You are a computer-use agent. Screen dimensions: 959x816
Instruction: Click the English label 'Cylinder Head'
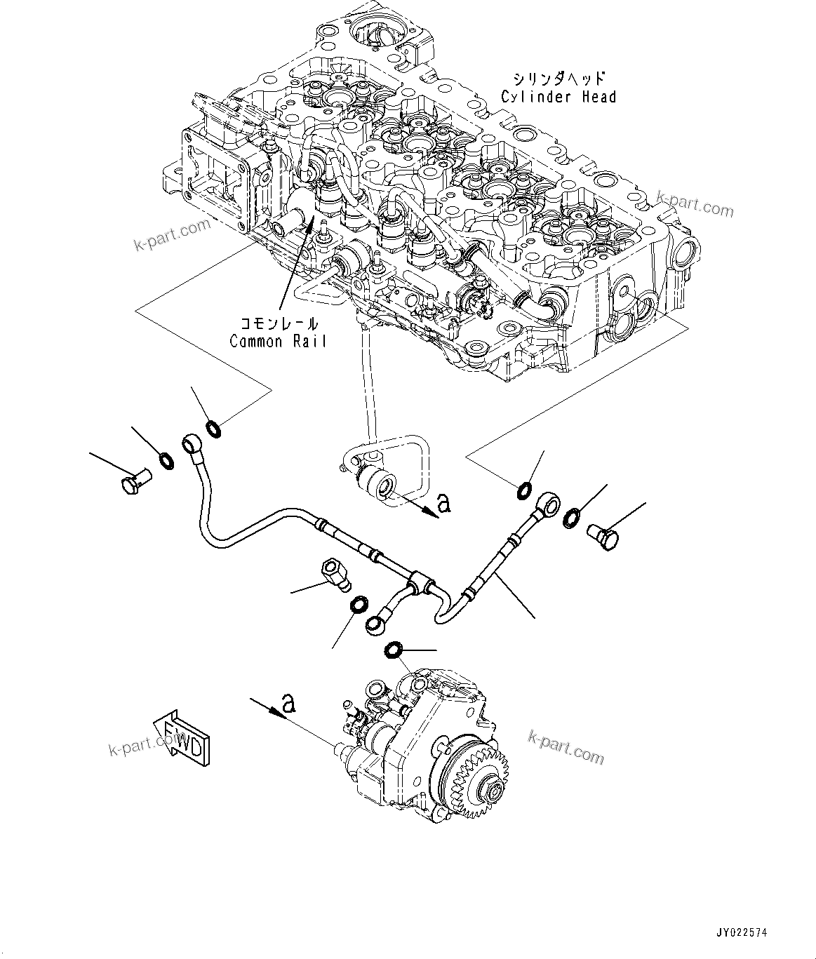click(559, 97)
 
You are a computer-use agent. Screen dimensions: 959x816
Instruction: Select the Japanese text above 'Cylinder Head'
click(559, 78)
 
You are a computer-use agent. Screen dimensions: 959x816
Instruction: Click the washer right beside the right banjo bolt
click(572, 518)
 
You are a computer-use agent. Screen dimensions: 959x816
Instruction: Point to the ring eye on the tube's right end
click(549, 502)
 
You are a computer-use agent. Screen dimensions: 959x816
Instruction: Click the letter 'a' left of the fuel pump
click(287, 701)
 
